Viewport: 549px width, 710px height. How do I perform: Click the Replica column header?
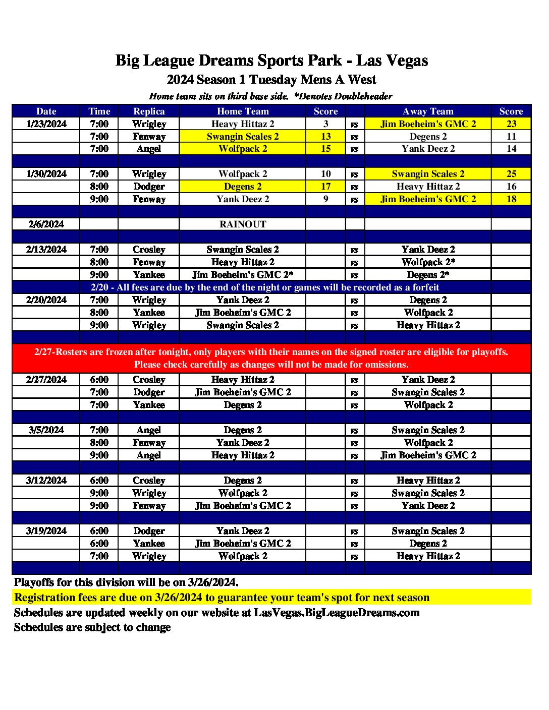(x=149, y=111)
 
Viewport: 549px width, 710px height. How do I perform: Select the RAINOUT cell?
(x=243, y=224)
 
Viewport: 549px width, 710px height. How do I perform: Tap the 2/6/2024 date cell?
(x=46, y=224)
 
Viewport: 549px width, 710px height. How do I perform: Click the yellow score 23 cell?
(x=511, y=124)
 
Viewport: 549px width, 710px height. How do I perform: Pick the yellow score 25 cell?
(x=511, y=174)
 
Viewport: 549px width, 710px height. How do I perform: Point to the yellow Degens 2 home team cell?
(x=243, y=187)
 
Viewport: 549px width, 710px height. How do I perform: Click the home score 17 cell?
(x=325, y=187)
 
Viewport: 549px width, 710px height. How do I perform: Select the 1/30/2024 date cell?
(x=46, y=174)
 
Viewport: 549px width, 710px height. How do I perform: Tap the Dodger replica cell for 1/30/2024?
(x=149, y=187)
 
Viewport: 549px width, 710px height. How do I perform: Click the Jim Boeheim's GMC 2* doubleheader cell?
(x=243, y=275)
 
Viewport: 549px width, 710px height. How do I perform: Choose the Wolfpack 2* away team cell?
(x=428, y=262)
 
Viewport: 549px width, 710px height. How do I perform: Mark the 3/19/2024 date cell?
(x=46, y=531)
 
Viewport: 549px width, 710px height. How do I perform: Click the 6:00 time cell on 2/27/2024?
(x=99, y=380)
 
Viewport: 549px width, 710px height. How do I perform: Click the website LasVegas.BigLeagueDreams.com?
(x=337, y=613)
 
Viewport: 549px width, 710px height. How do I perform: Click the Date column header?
(x=46, y=111)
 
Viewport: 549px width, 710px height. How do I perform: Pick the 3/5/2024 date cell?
(x=46, y=430)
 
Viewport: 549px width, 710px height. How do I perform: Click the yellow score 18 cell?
(x=511, y=199)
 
